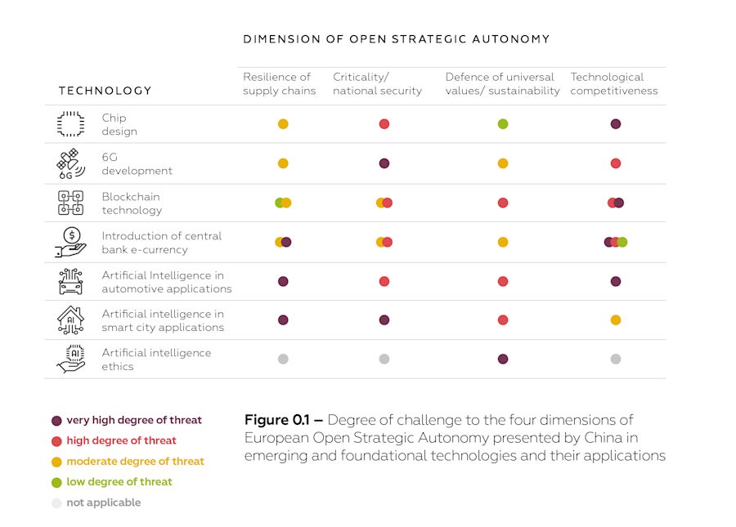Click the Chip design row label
[x=119, y=124]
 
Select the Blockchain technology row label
[x=132, y=203]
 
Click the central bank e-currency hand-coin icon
[x=70, y=243]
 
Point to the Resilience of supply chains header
[x=279, y=83]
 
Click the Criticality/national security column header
[x=377, y=83]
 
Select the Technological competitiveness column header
[x=614, y=83]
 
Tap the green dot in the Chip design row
[x=503, y=124]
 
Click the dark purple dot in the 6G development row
[x=384, y=163]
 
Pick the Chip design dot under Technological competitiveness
[x=616, y=124]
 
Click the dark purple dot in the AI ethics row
[x=503, y=360]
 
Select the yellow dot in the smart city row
[x=616, y=320]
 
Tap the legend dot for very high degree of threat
[x=56, y=421]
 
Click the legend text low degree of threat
[x=119, y=482]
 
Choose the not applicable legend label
[x=103, y=502]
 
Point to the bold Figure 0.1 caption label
[x=279, y=420]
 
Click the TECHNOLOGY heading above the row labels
[x=105, y=91]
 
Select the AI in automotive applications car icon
[x=70, y=282]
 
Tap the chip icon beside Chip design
[x=70, y=124]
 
